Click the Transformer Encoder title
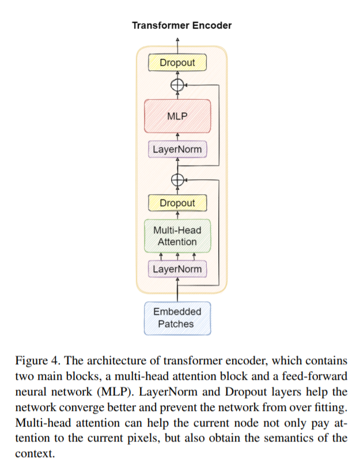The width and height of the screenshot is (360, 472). tap(181, 25)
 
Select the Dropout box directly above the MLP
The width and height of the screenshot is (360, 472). tap(177, 62)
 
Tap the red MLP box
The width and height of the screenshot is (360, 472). tap(177, 116)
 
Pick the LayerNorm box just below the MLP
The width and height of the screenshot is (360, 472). tap(177, 150)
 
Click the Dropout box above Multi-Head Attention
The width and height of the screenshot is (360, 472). tap(177, 203)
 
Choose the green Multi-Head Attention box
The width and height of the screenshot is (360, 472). tap(177, 236)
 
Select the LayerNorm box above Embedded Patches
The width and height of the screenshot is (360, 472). tap(177, 269)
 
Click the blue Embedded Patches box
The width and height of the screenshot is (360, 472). tap(177, 318)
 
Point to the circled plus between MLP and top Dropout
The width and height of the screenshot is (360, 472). tap(177, 85)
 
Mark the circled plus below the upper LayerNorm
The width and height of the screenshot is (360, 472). tap(177, 180)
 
